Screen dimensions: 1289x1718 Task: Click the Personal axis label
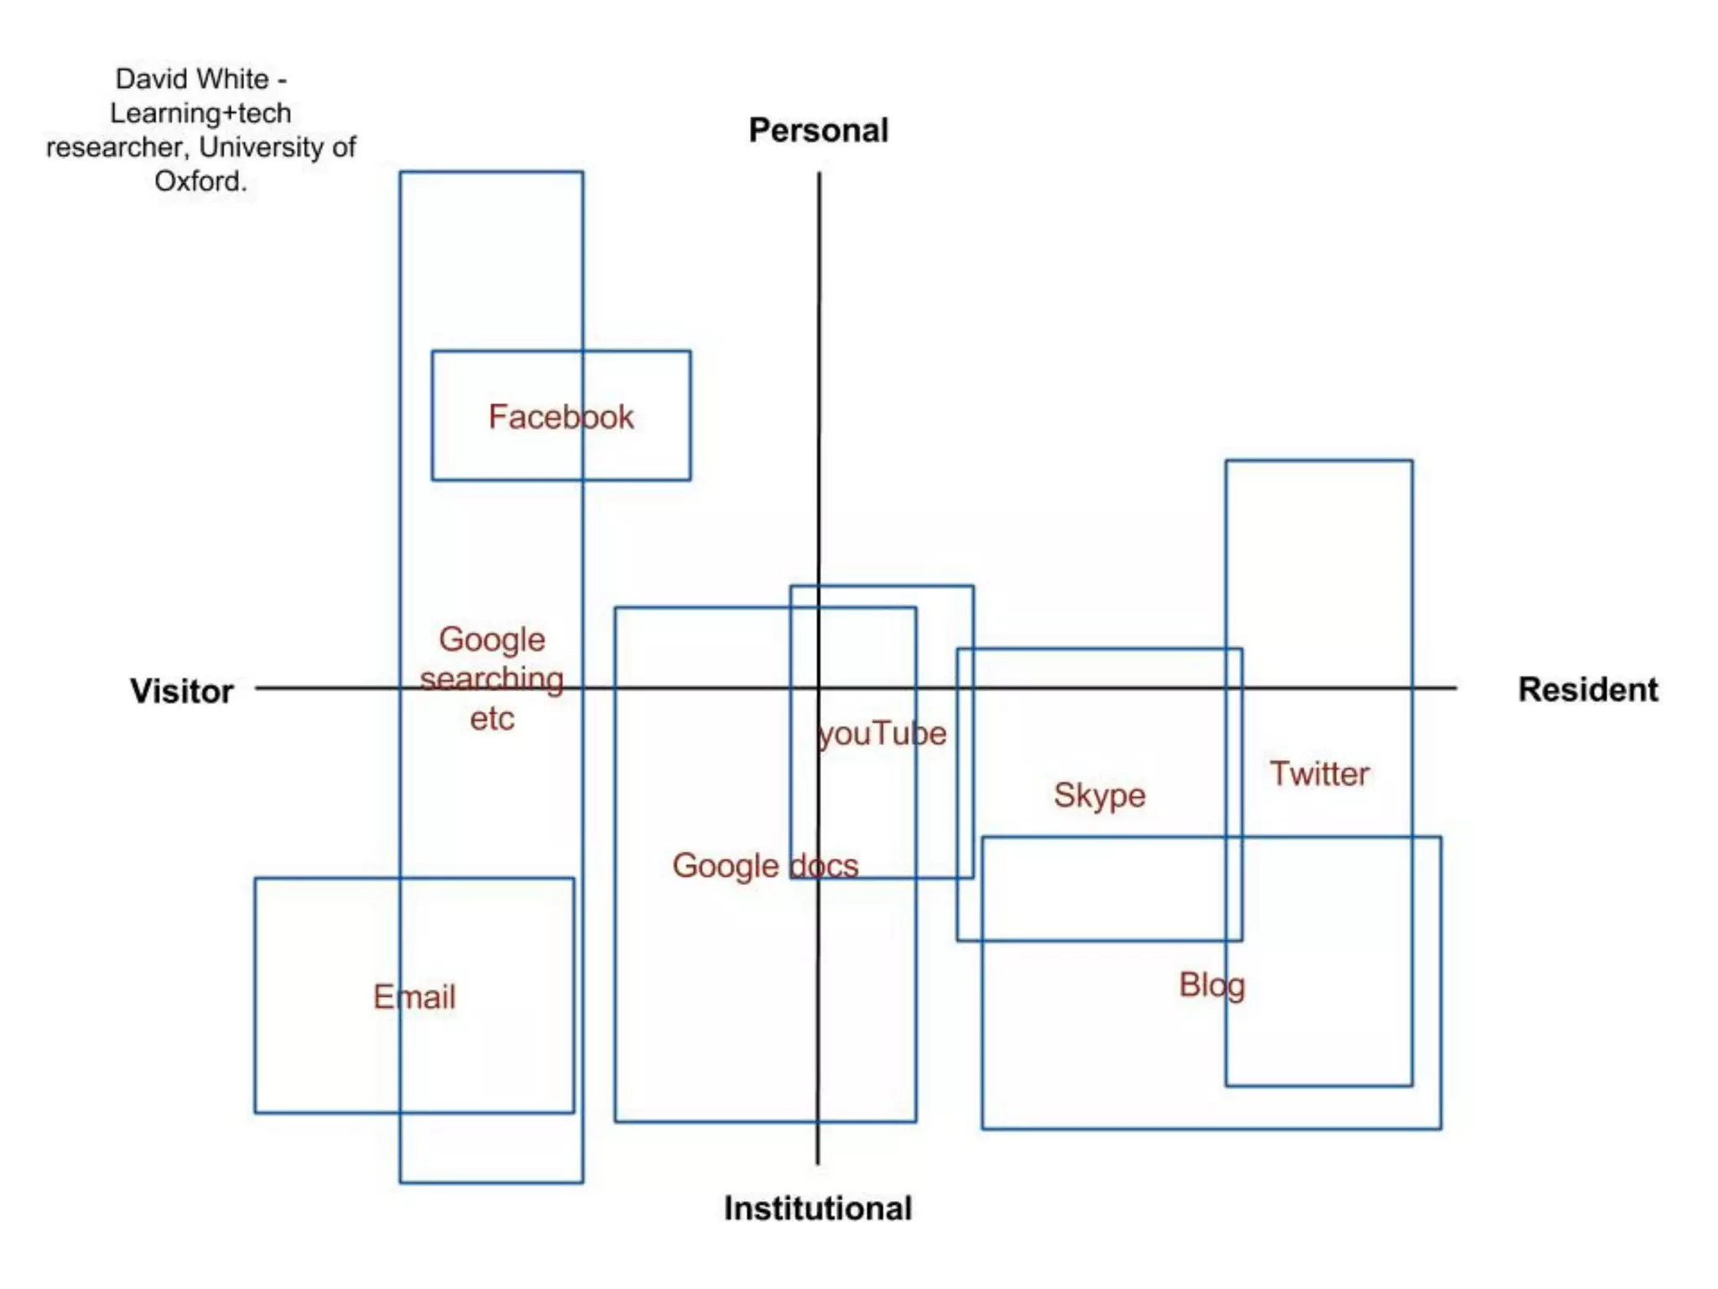818,131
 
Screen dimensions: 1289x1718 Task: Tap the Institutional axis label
818,1208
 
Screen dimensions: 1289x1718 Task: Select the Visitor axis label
181,691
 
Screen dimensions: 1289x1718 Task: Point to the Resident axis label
1587,690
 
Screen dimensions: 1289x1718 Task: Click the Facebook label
561,417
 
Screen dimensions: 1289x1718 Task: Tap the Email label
414,997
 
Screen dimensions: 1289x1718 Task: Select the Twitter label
1319,774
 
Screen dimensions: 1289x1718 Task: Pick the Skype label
1099,796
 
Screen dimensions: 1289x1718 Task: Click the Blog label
1211,985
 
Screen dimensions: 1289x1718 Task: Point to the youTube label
882,734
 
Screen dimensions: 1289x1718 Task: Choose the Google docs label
765,866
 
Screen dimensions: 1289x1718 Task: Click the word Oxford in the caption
200,181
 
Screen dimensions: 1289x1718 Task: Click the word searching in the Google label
492,679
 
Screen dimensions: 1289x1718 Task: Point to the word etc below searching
492,719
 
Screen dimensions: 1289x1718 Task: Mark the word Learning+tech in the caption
200,113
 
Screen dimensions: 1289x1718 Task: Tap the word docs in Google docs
824,866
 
